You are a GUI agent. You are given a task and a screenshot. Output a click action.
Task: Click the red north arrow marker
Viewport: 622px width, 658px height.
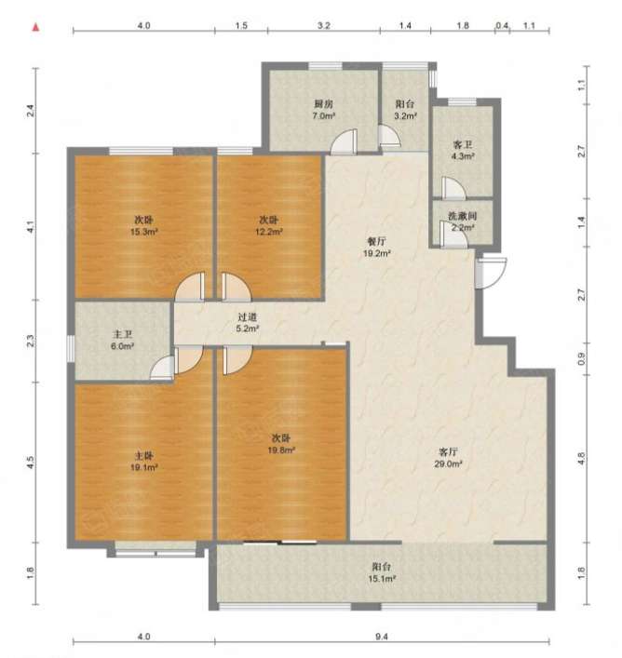[36, 28]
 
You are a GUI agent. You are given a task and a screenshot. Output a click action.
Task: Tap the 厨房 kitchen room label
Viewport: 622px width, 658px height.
[324, 103]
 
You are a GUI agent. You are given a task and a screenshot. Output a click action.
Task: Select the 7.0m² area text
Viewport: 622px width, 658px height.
[324, 115]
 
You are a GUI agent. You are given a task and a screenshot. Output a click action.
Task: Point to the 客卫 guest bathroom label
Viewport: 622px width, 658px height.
[463, 145]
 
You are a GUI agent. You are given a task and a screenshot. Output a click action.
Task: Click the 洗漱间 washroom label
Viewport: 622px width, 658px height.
[463, 217]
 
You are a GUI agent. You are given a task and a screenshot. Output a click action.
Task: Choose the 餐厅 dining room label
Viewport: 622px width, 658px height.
[376, 241]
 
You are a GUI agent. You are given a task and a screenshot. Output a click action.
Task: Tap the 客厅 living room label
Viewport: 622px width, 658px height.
[448, 452]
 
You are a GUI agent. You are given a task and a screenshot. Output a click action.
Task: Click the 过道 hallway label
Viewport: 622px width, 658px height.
[247, 317]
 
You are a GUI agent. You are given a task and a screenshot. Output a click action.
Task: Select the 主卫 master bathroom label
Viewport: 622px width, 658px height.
[123, 334]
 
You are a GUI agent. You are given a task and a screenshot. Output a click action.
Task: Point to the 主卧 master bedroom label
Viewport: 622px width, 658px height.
[144, 456]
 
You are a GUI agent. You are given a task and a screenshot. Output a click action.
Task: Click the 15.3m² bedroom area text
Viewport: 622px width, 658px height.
[144, 232]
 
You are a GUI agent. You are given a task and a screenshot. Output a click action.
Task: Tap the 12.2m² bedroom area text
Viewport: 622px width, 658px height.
[269, 232]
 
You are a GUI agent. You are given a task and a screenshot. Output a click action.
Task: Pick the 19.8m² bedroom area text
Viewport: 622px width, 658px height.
[281, 450]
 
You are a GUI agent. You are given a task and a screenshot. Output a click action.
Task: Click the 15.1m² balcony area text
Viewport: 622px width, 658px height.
[382, 579]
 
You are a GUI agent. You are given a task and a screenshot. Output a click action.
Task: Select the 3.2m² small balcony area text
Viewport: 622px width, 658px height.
[405, 116]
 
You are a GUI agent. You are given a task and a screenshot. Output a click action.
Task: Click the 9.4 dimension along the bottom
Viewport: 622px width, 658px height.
[382, 637]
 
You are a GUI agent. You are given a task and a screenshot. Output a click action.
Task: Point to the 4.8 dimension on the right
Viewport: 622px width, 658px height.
[581, 458]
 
